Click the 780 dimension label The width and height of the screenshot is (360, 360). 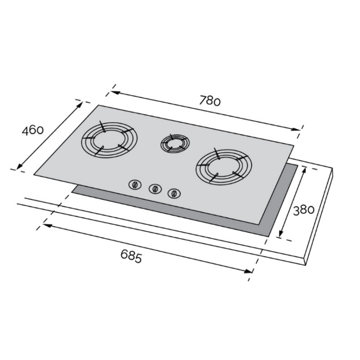pos(210,101)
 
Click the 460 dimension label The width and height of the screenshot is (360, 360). pos(33,130)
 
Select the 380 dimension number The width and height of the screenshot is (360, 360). pos(303,210)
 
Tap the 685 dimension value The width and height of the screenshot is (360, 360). pos(131,256)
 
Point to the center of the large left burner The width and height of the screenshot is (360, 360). pos(109,140)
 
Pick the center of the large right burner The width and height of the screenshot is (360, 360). pos(224,166)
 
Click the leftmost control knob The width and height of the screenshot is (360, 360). pos(135,185)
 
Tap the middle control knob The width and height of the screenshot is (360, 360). pos(155,189)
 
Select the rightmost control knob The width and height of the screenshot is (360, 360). pos(174,194)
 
